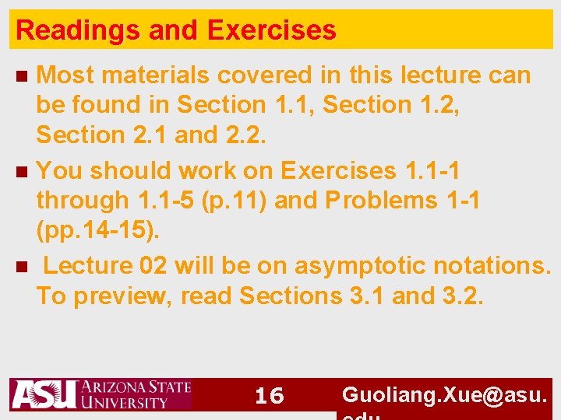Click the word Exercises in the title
(271, 31)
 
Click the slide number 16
(270, 397)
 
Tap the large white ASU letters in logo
(44, 395)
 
